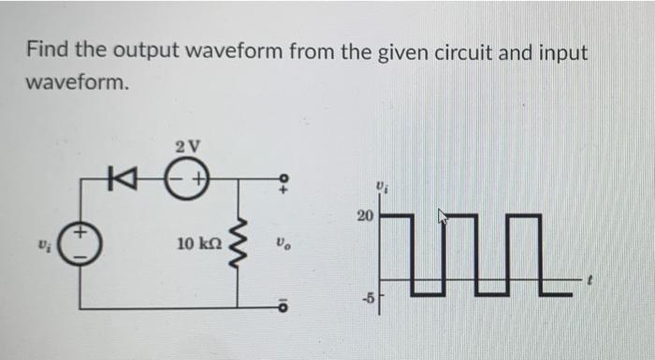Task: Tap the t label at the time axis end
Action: pyautogui.click(x=589, y=279)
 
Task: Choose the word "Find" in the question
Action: pyautogui.click(x=47, y=52)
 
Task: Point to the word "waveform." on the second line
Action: pyautogui.click(x=75, y=83)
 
